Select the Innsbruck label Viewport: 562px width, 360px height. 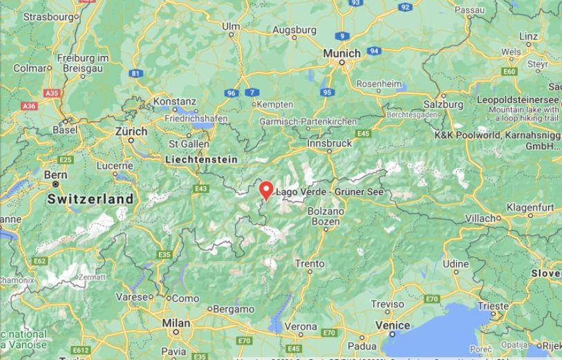(330, 143)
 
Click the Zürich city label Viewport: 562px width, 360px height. (131, 131)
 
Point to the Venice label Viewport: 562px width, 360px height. (393, 325)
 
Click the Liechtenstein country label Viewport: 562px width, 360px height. (201, 160)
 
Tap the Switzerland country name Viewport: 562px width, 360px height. (90, 199)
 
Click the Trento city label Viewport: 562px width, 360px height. (309, 263)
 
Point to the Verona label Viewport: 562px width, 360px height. (301, 325)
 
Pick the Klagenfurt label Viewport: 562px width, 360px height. (530, 207)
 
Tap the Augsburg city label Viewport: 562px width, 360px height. (294, 30)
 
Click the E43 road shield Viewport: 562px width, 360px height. (201, 189)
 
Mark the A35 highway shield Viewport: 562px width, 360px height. (52, 93)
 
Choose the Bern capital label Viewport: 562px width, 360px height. (56, 176)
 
